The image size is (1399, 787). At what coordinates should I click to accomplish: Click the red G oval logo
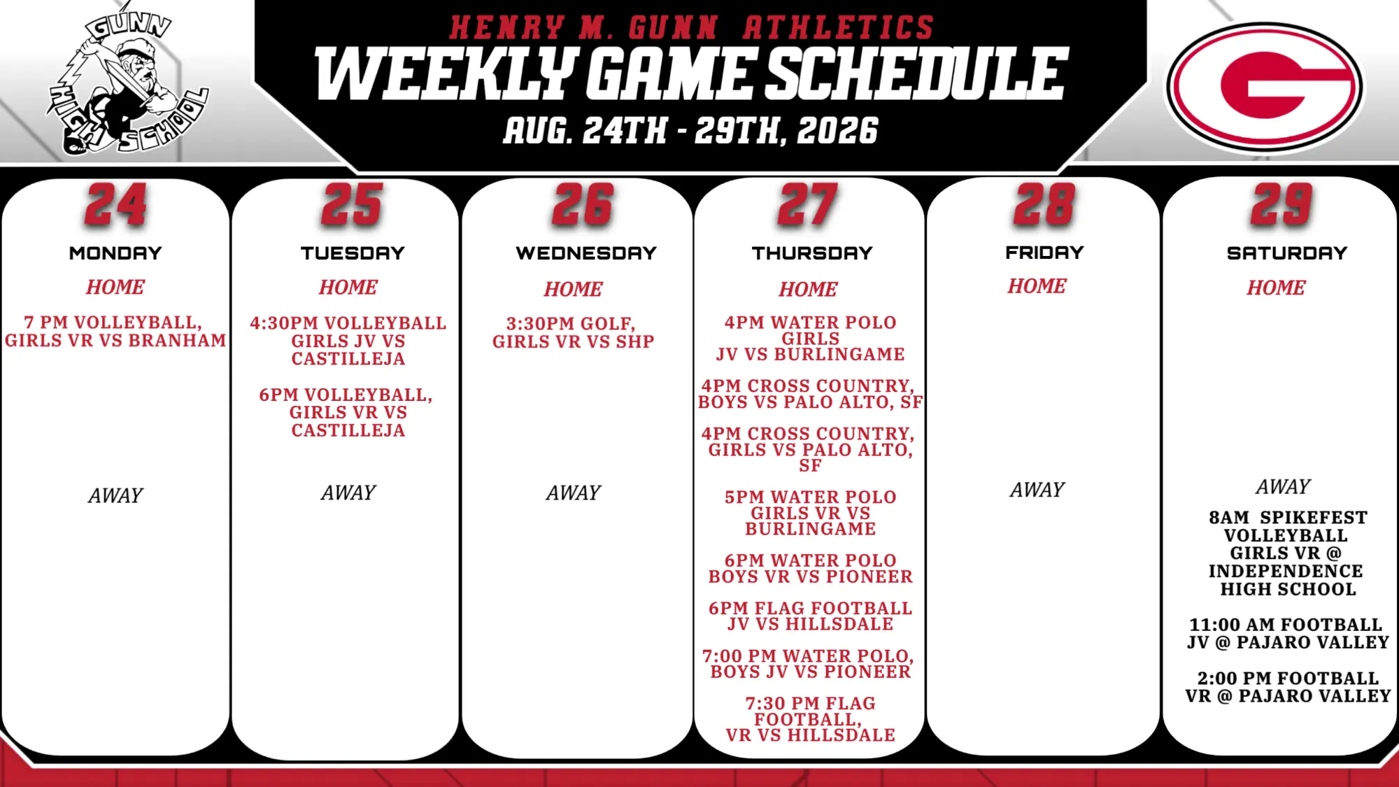click(1264, 87)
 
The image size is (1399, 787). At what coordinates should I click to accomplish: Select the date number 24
click(116, 205)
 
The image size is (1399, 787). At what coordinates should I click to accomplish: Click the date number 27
click(808, 205)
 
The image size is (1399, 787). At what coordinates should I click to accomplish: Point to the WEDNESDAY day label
click(586, 253)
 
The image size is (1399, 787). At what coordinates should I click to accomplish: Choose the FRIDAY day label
click(1044, 253)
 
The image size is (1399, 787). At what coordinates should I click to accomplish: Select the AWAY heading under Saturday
click(1283, 487)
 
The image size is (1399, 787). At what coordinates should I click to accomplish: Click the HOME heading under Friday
click(1037, 286)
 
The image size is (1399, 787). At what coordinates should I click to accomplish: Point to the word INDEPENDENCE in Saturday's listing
click(1286, 572)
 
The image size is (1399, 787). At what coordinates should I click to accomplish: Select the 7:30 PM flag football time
click(776, 704)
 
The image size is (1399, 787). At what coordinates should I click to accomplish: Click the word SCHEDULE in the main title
click(917, 73)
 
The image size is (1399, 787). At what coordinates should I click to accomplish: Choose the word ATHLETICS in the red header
click(839, 28)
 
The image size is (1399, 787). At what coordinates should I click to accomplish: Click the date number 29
click(1282, 205)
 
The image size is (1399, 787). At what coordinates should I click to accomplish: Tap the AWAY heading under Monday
click(115, 496)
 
